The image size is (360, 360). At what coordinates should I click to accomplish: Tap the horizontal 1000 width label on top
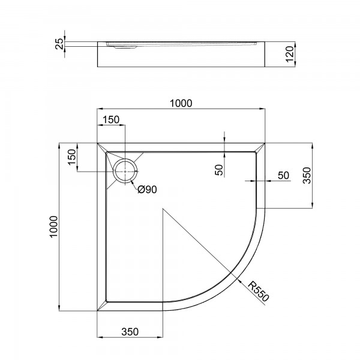point(181,103)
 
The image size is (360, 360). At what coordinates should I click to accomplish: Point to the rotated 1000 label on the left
point(54,227)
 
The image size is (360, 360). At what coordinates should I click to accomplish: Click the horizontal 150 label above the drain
point(111,119)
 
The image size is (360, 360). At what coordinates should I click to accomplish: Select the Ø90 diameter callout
point(147,190)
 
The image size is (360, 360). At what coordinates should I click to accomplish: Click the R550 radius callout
point(256,292)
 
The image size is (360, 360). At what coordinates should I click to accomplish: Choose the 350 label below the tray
point(130,331)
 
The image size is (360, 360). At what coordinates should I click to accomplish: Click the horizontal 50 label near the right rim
point(283,175)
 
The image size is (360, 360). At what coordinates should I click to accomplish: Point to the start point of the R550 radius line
point(163,209)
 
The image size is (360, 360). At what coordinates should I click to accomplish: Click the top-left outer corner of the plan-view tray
point(98,143)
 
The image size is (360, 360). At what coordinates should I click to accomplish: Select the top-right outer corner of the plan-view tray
point(266,143)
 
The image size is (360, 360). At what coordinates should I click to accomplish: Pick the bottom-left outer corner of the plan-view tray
point(98,311)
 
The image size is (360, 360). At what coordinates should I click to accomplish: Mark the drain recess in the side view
point(123,46)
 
